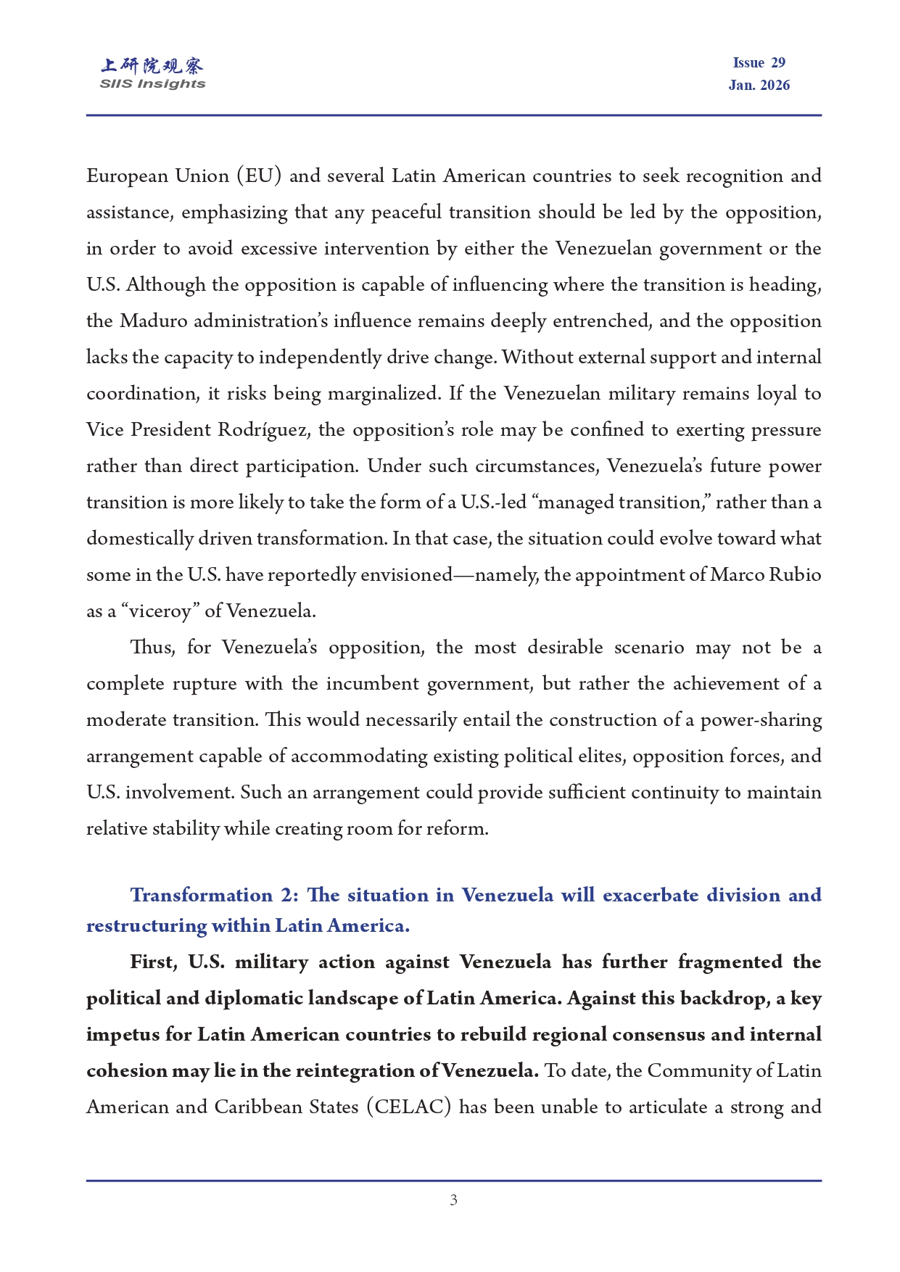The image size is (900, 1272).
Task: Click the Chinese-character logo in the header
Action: point(152,66)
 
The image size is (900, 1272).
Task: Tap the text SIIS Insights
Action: point(152,84)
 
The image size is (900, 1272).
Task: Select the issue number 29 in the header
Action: point(778,63)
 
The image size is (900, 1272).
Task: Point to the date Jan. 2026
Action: point(759,86)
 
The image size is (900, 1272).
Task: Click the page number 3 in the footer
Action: point(453,1200)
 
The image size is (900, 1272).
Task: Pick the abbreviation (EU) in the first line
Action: point(259,176)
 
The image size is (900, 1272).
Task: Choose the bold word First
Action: point(152,962)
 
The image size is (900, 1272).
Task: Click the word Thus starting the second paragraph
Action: point(152,648)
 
